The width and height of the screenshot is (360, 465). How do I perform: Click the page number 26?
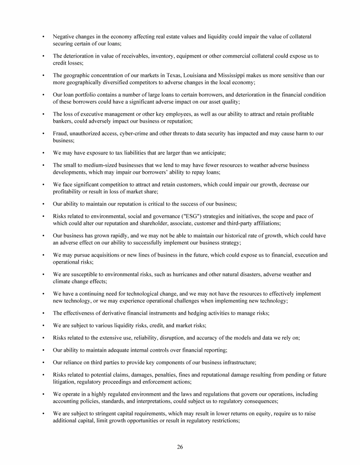tap(180, 447)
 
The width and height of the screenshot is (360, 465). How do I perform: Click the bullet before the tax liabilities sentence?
tap(43, 153)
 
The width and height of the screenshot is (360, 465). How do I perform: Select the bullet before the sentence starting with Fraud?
tap(43, 133)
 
